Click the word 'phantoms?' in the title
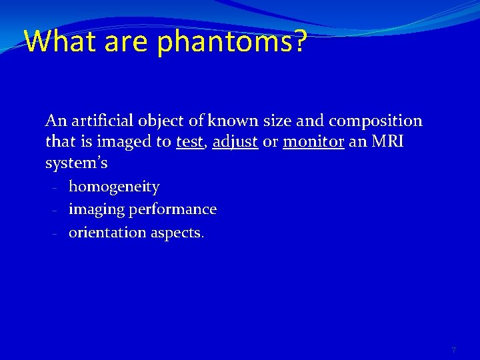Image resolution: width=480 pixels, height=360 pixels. [x=232, y=42]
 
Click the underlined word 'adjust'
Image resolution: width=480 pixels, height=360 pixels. [x=235, y=142]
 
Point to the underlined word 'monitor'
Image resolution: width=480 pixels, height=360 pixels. [x=313, y=142]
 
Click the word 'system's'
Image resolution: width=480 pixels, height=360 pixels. [x=76, y=163]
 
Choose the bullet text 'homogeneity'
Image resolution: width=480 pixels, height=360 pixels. [x=114, y=187]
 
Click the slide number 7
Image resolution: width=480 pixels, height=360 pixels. [x=453, y=350]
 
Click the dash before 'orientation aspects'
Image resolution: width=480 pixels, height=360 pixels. [x=55, y=234]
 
